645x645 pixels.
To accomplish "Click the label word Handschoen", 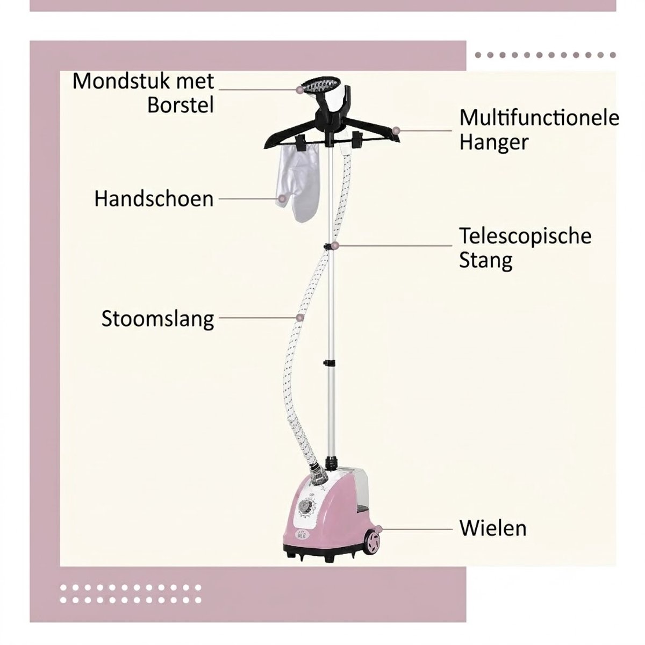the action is (x=154, y=199).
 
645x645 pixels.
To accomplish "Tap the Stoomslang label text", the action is (x=157, y=319).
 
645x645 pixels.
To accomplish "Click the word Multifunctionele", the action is (x=539, y=118).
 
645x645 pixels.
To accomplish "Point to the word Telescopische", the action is (x=525, y=236).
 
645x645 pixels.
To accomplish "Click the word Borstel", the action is (x=181, y=105).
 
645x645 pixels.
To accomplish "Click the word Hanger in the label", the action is (x=493, y=142).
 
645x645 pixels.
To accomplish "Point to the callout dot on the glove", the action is (x=283, y=199).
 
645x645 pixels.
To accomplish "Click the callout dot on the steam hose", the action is (x=300, y=317).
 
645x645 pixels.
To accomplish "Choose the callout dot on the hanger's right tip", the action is (x=396, y=130).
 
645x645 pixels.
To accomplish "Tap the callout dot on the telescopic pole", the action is (x=336, y=245).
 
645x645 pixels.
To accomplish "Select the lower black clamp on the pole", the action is (x=329, y=362).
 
